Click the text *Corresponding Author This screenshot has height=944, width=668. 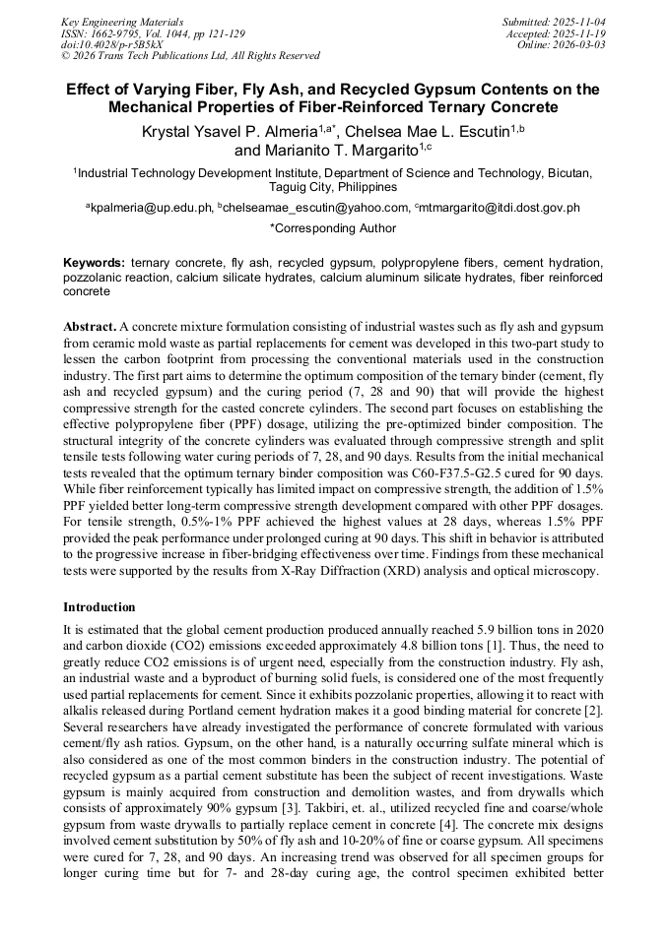[x=333, y=228]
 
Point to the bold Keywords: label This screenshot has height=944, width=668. [x=94, y=264]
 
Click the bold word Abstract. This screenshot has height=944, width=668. [x=90, y=326]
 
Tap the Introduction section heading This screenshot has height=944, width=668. [x=100, y=607]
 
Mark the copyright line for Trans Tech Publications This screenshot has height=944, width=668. [x=190, y=56]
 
